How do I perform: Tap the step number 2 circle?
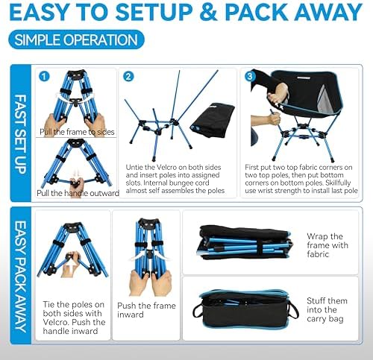coord(128,76)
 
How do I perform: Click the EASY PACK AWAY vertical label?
coord(22,276)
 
